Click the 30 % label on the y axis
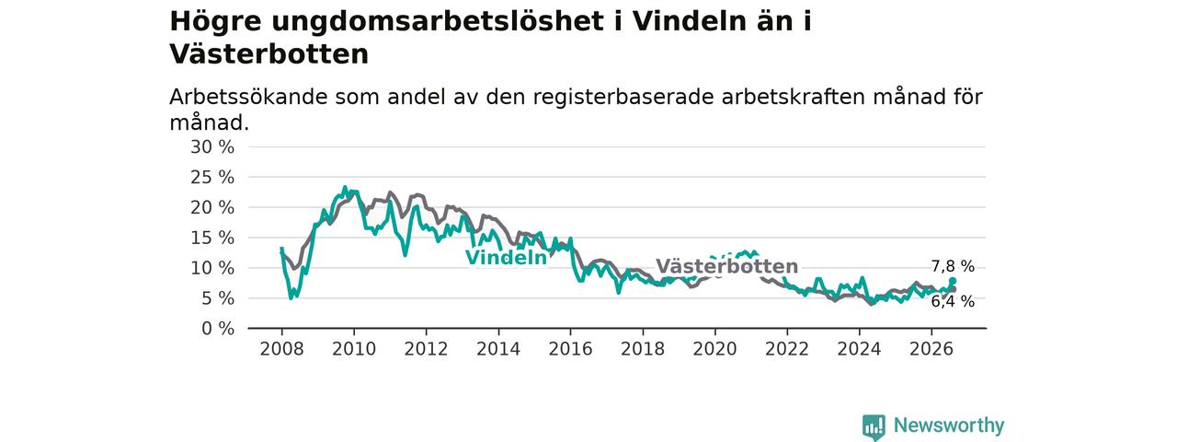click(212, 147)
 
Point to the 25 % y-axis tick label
click(212, 178)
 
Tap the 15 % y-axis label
click(212, 238)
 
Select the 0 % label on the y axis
click(218, 329)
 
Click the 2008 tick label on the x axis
click(281, 349)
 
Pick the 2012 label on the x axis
click(426, 349)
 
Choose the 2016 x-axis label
click(571, 349)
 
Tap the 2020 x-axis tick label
click(715, 349)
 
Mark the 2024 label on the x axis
click(859, 349)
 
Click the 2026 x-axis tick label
click(931, 349)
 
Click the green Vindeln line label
click(507, 258)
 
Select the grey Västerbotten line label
click(727, 266)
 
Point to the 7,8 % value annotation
click(953, 267)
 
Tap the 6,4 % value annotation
click(953, 301)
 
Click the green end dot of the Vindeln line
click(953, 281)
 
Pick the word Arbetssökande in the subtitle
click(248, 98)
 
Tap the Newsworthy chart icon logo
click(874, 426)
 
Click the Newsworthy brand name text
click(949, 425)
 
